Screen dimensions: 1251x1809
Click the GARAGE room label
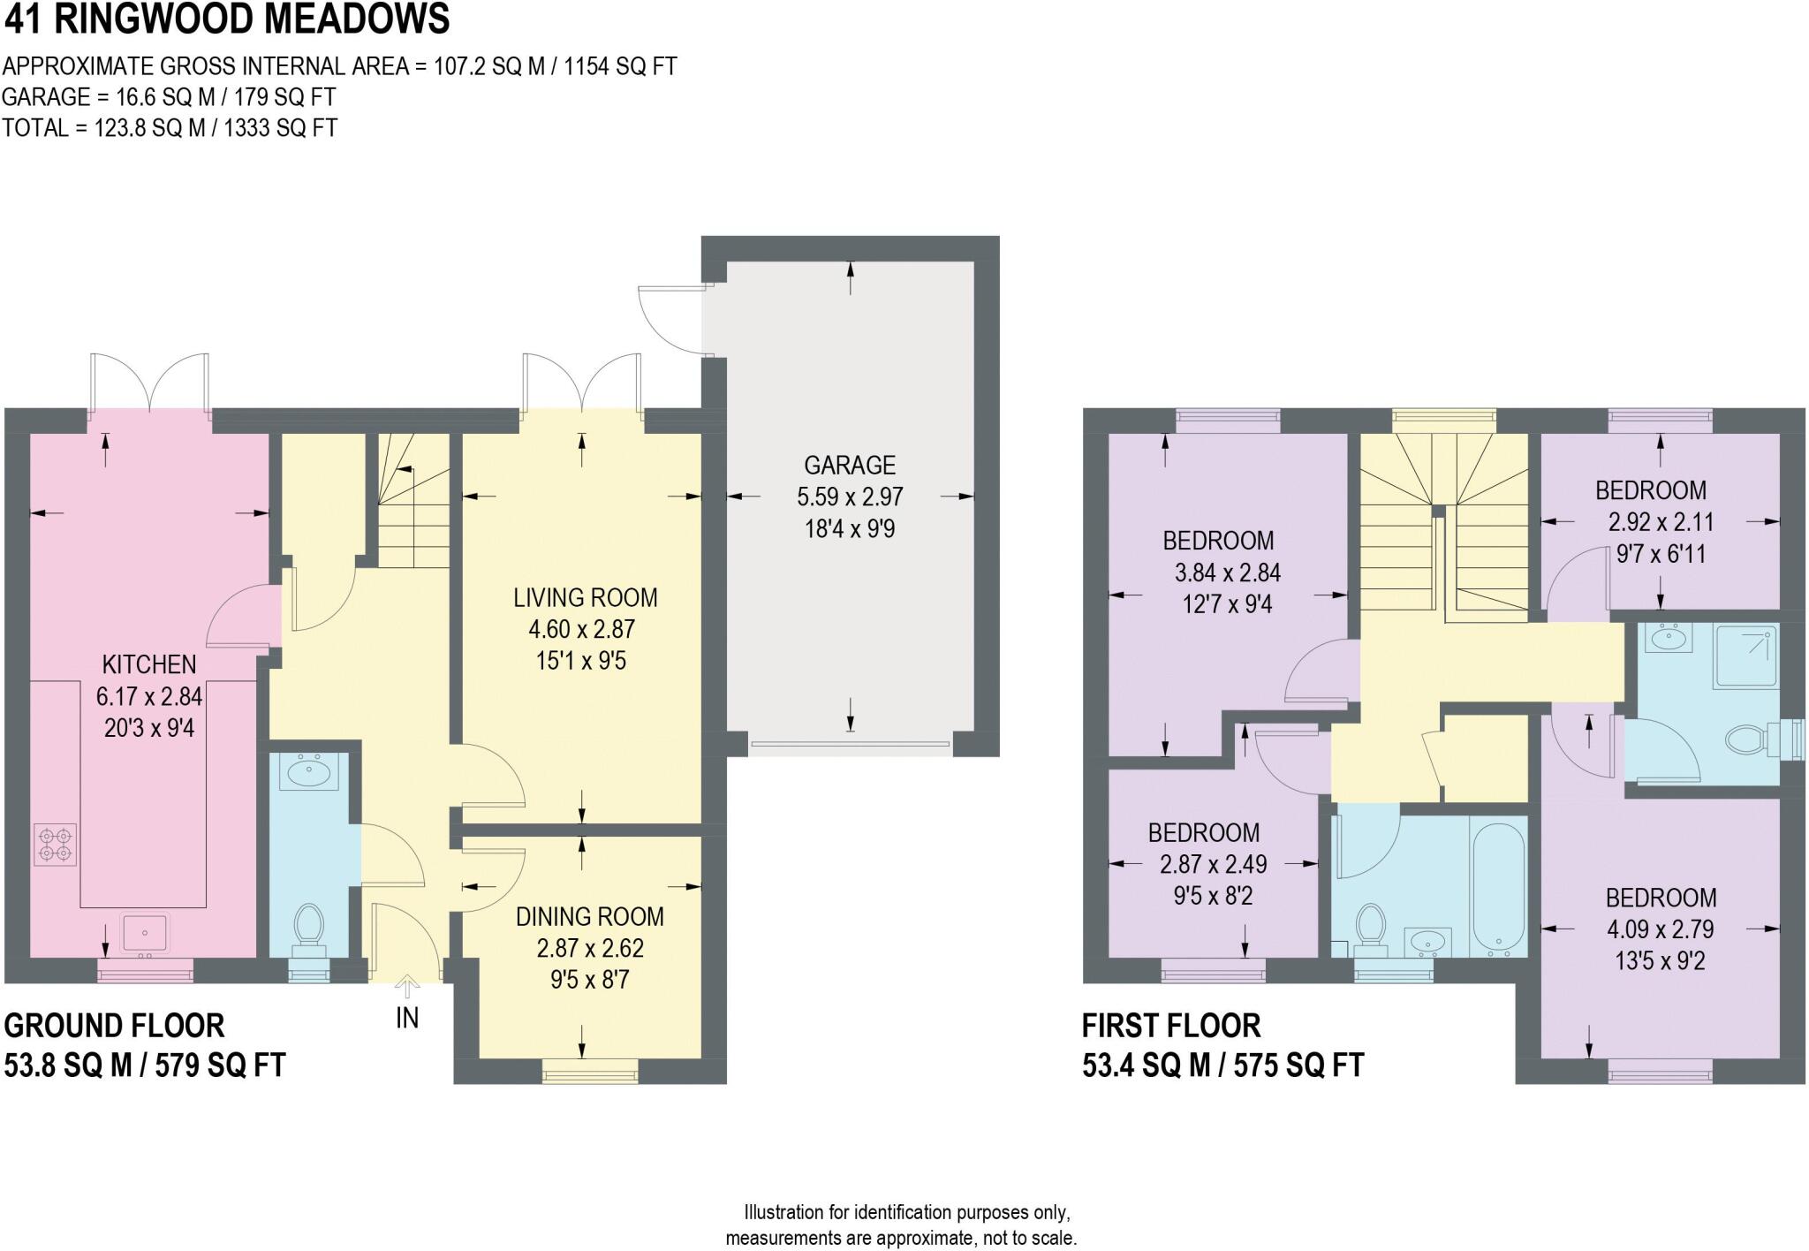(x=849, y=465)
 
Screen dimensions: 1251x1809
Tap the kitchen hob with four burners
(x=55, y=843)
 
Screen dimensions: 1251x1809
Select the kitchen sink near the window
(x=144, y=932)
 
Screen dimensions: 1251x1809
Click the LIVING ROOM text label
(x=585, y=598)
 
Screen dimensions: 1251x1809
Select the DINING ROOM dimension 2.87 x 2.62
(x=589, y=949)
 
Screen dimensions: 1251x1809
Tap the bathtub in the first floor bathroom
(x=1498, y=886)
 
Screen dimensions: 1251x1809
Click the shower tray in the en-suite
(x=1745, y=656)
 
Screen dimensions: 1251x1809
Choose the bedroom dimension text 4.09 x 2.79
(x=1660, y=929)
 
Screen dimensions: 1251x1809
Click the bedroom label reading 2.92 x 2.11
(x=1661, y=522)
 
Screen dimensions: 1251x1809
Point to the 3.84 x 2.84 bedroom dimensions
(x=1227, y=573)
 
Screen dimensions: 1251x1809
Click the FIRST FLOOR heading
(x=1171, y=1026)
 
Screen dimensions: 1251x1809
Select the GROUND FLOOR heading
(x=115, y=1026)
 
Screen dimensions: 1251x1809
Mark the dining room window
(x=590, y=1075)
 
